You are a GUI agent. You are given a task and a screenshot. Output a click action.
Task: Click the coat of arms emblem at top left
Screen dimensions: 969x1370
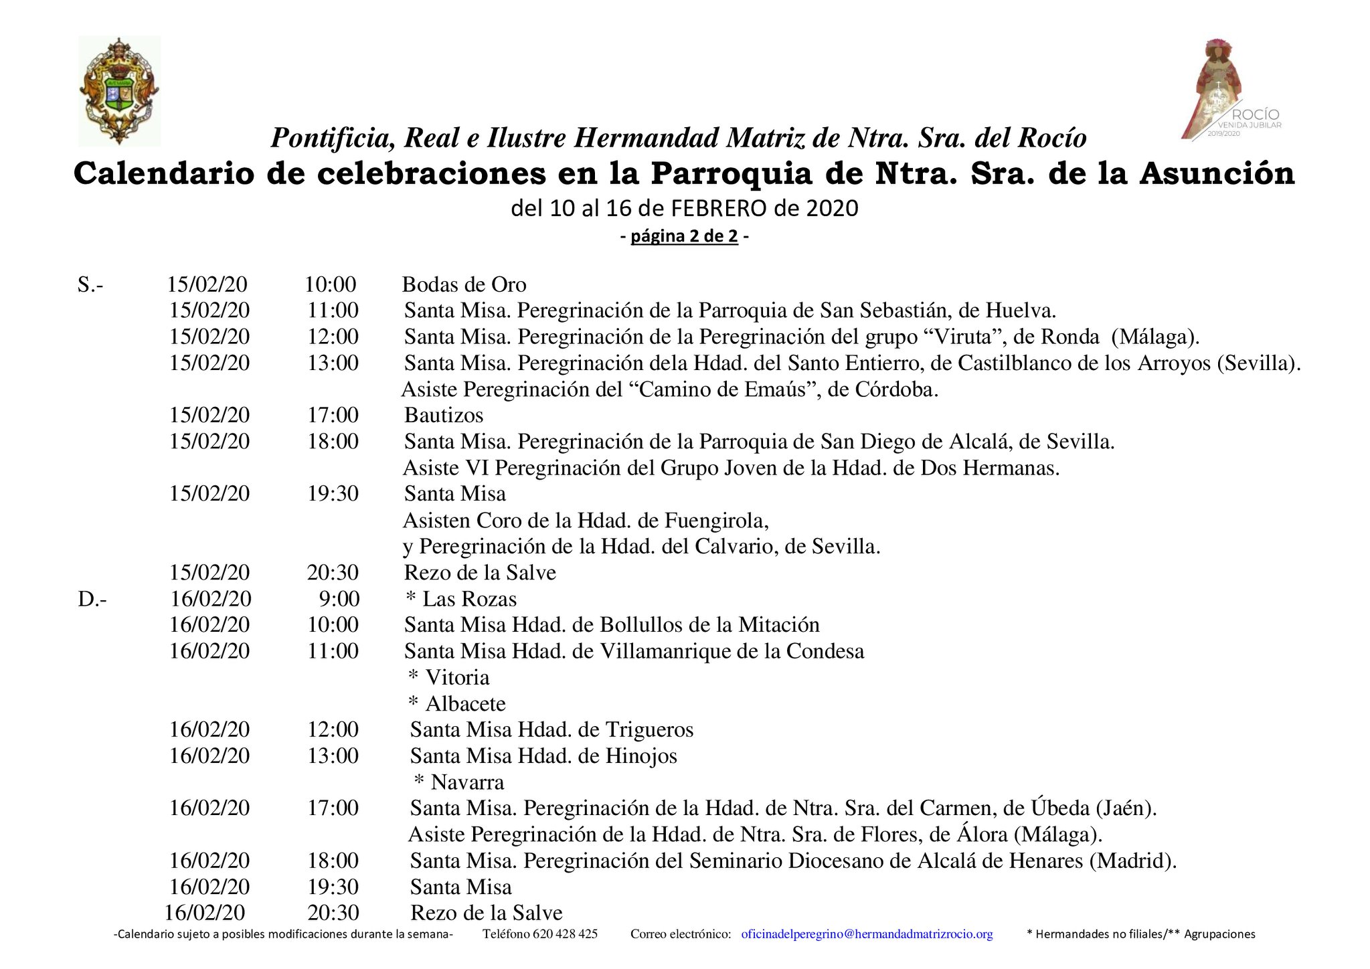pyautogui.click(x=119, y=91)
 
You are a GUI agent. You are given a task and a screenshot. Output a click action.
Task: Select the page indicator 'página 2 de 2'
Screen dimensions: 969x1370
pyautogui.click(x=684, y=237)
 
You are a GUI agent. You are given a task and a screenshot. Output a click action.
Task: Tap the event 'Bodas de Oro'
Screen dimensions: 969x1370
pyautogui.click(x=464, y=285)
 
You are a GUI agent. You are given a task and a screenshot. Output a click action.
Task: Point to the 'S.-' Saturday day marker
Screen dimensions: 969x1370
pyautogui.click(x=90, y=285)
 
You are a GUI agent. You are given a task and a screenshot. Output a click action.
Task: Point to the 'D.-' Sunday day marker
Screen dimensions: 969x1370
pyautogui.click(x=92, y=599)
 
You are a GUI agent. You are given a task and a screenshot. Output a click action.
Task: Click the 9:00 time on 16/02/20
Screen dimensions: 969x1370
pyautogui.click(x=339, y=599)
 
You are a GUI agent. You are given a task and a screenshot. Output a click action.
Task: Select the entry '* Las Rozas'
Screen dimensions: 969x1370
pyautogui.click(x=462, y=599)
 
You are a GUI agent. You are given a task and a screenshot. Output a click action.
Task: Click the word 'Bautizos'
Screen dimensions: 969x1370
pyautogui.click(x=444, y=416)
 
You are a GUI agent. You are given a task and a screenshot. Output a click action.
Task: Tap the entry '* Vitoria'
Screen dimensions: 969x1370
pyautogui.click(x=449, y=678)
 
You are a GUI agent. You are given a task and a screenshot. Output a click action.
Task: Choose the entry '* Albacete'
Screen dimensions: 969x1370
pyautogui.click(x=457, y=704)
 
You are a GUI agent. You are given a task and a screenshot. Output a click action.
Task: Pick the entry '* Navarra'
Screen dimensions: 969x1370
pyautogui.click(x=459, y=782)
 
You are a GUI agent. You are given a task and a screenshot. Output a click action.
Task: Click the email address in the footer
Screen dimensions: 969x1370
pyautogui.click(x=867, y=934)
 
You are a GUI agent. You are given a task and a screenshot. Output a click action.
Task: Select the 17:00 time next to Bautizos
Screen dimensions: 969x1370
pyautogui.click(x=333, y=416)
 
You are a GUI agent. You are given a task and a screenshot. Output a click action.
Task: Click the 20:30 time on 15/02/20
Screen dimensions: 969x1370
pyautogui.click(x=333, y=573)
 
